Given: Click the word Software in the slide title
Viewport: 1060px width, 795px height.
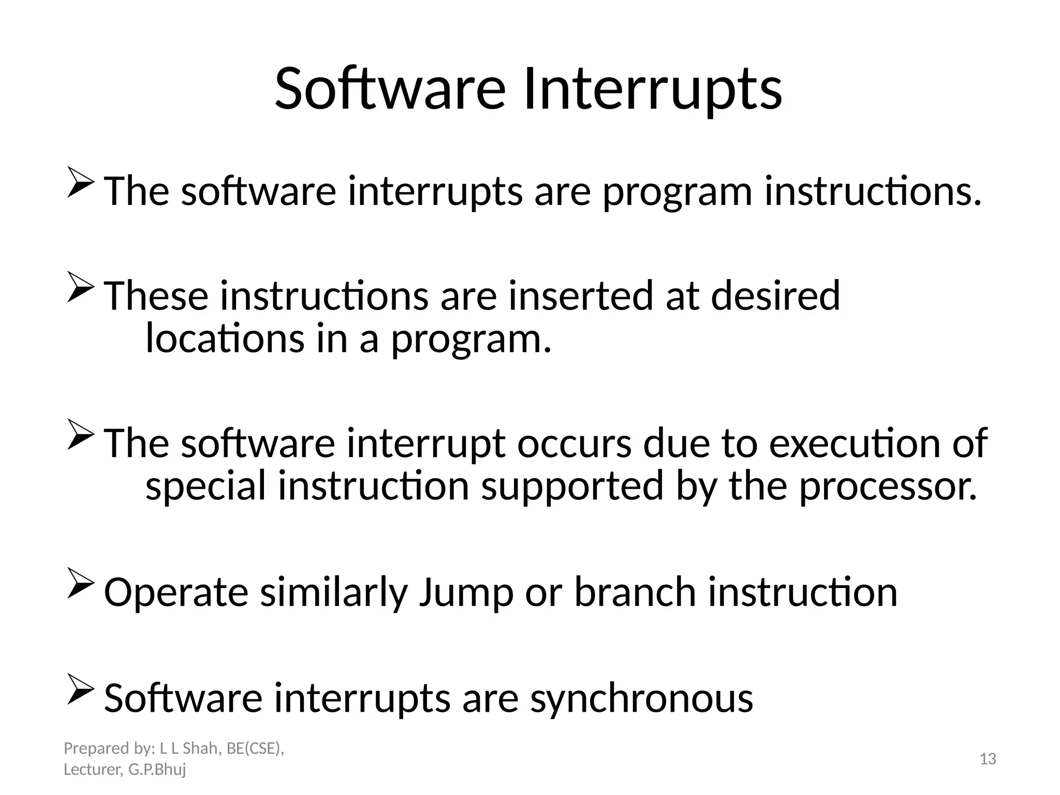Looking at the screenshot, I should point(389,89).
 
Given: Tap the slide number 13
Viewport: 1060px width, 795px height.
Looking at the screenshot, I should point(988,759).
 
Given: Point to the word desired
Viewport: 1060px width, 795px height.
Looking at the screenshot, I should point(775,296).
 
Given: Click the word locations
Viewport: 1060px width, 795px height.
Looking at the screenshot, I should point(225,339).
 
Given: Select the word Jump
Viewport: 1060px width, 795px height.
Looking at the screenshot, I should point(465,592).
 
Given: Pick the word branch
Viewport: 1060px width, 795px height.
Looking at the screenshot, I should point(635,592).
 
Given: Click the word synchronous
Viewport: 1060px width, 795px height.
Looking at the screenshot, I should point(641,698).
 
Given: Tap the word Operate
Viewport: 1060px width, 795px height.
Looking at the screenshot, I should point(176,592).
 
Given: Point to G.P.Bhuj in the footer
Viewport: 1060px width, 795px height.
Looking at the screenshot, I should point(157,770).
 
